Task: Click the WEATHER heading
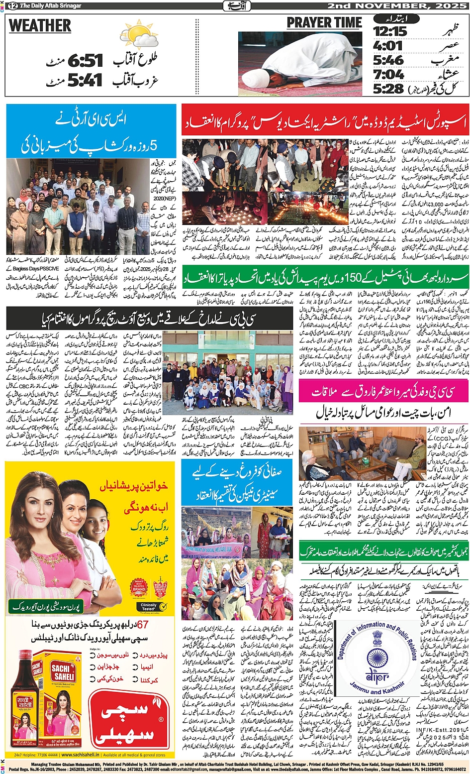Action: (40, 26)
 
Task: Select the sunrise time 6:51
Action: (85, 61)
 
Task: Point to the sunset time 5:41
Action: (85, 80)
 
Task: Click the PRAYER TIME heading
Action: (324, 23)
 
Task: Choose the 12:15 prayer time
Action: (390, 31)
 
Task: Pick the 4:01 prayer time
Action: (388, 46)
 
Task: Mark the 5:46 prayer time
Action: (388, 60)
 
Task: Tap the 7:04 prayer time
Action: (388, 75)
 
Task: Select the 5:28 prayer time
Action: (388, 89)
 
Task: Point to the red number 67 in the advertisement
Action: (143, 625)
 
